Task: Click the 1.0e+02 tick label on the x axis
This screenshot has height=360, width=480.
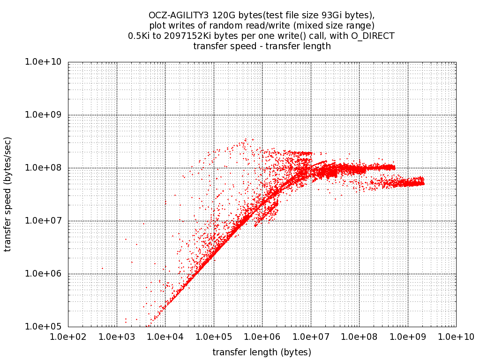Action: [x=68, y=337]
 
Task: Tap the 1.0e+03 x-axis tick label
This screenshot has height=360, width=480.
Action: [x=117, y=337]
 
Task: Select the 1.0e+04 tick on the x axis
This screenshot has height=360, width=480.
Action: [x=165, y=337]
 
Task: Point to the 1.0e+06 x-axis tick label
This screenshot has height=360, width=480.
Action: [x=262, y=337]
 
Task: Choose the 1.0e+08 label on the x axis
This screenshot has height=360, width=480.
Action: [x=359, y=337]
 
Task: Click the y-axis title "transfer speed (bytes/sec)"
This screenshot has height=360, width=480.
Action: [x=8, y=194]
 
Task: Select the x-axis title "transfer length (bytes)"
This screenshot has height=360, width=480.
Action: [x=262, y=352]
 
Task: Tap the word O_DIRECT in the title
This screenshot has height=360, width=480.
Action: [x=372, y=36]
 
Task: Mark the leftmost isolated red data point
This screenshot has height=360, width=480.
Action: [x=102, y=269]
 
